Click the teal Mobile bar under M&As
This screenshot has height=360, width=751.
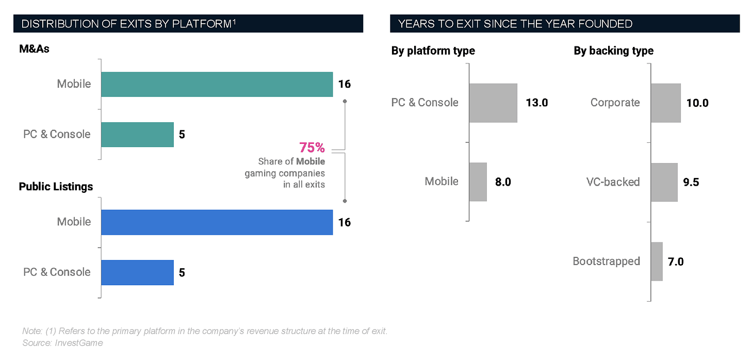click(217, 84)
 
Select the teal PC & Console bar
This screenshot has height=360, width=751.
click(137, 134)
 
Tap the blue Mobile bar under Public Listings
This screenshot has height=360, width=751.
click(217, 222)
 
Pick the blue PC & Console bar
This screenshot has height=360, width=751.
click(137, 272)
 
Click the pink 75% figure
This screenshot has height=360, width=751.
click(313, 148)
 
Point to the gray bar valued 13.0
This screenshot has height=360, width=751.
click(493, 103)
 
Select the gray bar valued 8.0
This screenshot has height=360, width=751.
click(478, 182)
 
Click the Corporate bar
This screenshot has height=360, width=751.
click(665, 103)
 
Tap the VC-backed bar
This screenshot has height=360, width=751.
click(664, 182)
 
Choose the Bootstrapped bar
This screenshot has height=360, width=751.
click(657, 261)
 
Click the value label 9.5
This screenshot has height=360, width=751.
click(691, 182)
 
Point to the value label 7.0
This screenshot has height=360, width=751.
click(676, 261)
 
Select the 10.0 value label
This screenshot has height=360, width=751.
click(697, 103)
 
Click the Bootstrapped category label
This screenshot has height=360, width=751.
click(606, 261)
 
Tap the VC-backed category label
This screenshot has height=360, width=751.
click(613, 182)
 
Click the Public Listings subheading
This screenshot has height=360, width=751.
click(56, 187)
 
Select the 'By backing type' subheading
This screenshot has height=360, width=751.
click(613, 51)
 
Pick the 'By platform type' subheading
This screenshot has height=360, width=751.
click(433, 51)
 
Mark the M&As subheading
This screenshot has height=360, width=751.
click(34, 49)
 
